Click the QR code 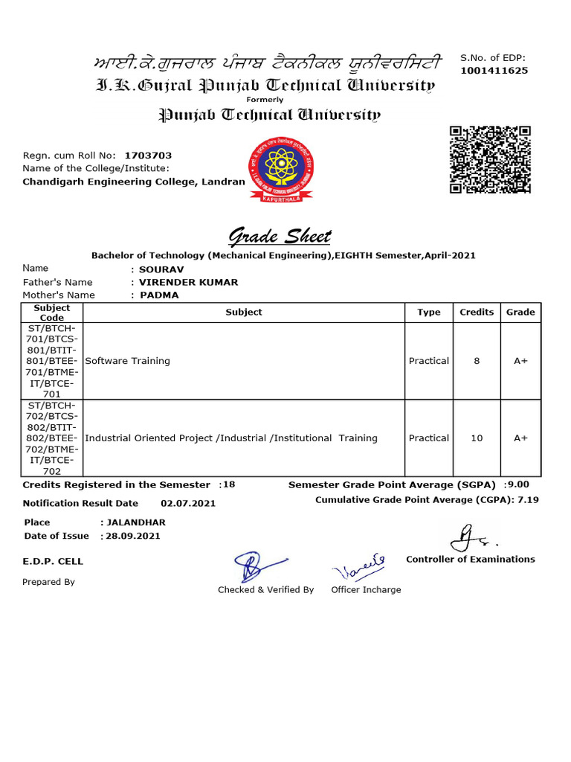491,160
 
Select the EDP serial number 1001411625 494,71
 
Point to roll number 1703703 148,156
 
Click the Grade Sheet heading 280,237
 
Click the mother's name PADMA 160,295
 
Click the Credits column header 477,313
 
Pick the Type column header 428,313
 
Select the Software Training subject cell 128,361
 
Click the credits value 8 477,361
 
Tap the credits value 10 477,438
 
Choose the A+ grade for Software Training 520,361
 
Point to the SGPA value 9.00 518,484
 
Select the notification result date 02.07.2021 188,504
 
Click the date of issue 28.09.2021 135,536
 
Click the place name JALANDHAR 136,522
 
